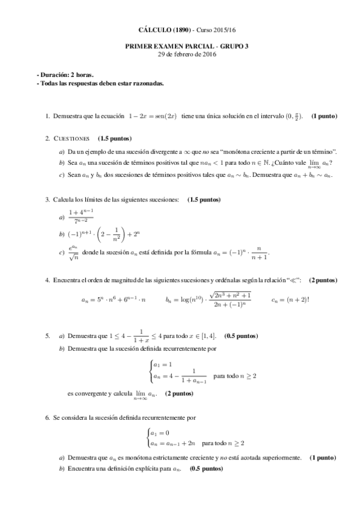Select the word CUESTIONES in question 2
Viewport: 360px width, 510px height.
(x=72, y=138)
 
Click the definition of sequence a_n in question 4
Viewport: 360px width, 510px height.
(x=114, y=298)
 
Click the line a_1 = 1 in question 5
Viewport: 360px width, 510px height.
(x=163, y=364)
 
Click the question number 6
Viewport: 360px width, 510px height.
(x=47, y=417)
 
